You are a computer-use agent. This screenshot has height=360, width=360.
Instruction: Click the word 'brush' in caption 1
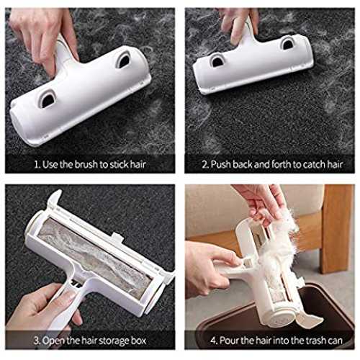86,165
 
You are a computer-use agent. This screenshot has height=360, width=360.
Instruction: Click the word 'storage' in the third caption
114,341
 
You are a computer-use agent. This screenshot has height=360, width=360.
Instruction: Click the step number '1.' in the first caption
37,165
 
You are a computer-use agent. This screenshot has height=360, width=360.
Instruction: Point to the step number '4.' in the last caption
214,341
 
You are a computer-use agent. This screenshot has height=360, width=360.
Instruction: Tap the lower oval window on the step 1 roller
48,99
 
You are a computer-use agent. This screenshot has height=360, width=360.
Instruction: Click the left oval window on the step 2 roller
217,60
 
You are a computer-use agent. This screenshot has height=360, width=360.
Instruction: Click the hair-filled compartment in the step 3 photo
95,257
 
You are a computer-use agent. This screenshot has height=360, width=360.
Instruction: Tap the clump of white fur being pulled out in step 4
279,250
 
